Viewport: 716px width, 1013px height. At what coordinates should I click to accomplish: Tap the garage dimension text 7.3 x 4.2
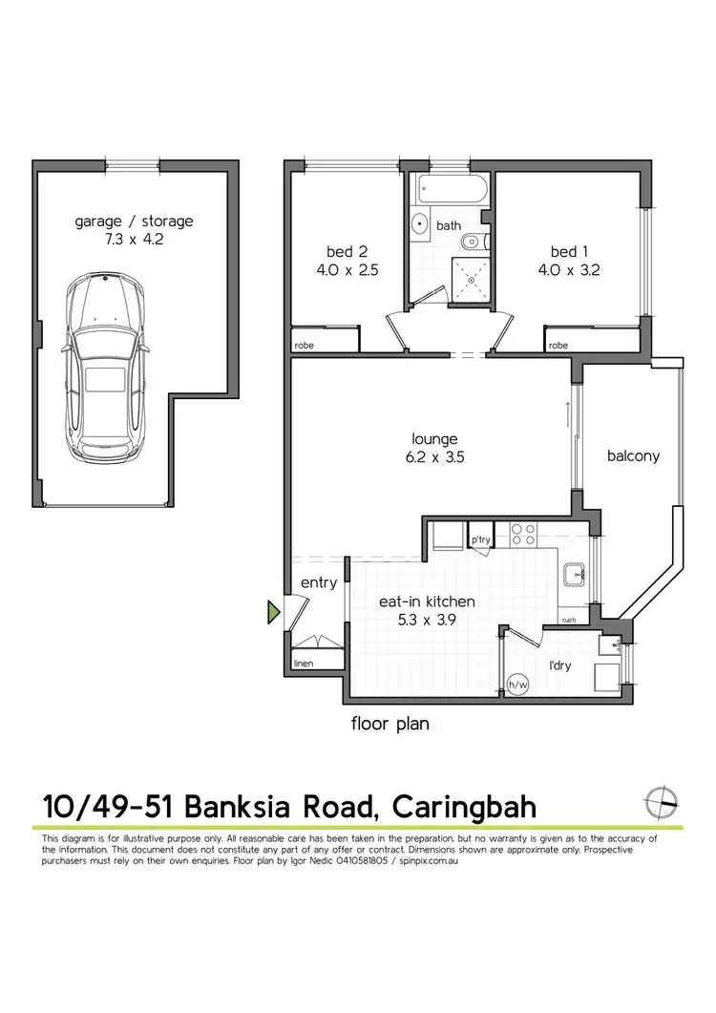[134, 240]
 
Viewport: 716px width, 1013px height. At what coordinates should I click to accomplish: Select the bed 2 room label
[347, 252]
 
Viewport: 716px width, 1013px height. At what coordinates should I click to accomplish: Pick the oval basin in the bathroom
[421, 225]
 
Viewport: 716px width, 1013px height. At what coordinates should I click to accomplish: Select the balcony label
[633, 455]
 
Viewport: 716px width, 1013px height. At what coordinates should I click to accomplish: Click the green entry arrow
[274, 612]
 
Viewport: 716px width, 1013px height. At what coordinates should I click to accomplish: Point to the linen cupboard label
[304, 663]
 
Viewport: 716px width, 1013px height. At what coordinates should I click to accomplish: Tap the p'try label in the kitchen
[480, 540]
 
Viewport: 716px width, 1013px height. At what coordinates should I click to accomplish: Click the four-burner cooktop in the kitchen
[522, 535]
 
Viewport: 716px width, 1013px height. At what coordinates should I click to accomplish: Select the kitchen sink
[573, 575]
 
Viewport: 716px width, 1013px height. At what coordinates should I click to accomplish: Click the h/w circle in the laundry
[518, 684]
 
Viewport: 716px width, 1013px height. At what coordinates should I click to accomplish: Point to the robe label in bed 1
[558, 345]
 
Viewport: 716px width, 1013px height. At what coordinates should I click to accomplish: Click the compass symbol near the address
[662, 803]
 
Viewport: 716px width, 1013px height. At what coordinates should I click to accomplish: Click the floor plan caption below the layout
[390, 724]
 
